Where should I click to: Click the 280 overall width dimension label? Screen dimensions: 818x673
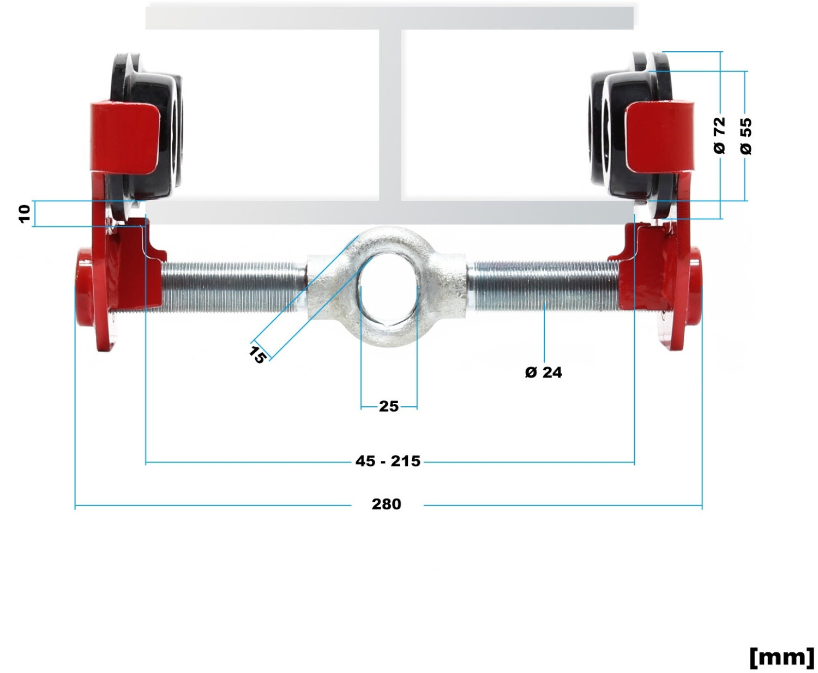pos(386,504)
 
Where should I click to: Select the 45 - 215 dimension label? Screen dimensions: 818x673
pos(388,461)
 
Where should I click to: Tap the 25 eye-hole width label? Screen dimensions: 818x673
pos(389,406)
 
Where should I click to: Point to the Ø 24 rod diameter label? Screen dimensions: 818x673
pos(543,372)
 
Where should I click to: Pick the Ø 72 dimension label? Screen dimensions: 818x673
pos(719,135)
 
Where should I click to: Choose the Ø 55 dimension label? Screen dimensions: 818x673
pos(745,136)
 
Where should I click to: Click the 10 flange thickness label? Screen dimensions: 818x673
pos(25,214)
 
